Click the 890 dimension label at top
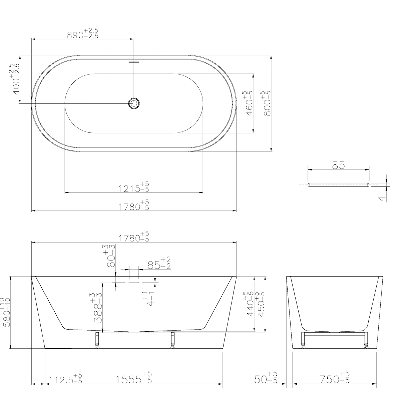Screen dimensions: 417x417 83,33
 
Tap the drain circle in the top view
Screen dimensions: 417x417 134,103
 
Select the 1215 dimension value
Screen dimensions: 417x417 134,187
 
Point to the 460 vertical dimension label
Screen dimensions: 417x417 248,103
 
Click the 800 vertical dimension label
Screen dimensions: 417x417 266,103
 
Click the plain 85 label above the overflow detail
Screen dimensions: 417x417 338,165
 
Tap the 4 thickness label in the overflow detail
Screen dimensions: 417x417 383,198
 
